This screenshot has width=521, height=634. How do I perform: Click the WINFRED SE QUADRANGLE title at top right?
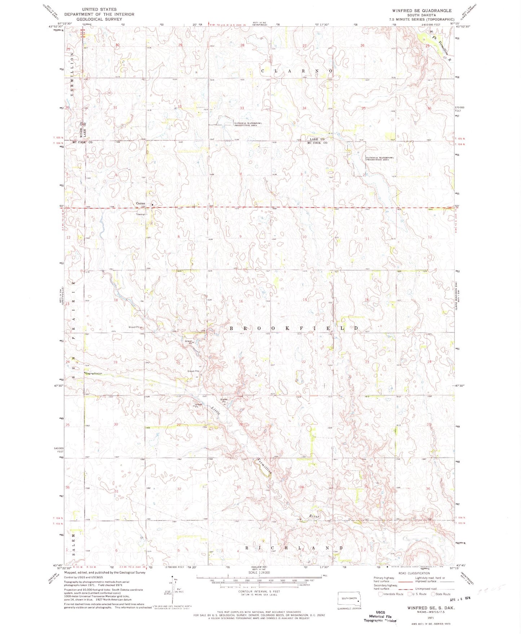click(x=421, y=10)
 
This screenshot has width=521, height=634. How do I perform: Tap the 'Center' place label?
click(x=141, y=204)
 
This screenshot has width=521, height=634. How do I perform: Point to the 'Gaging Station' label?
click(x=94, y=373)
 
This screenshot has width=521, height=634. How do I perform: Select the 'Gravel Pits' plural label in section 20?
click(x=193, y=371)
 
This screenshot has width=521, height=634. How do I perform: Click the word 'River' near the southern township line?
click(x=314, y=516)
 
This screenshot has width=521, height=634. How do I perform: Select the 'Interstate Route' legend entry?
click(x=391, y=594)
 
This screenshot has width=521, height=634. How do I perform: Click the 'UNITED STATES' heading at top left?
click(x=99, y=9)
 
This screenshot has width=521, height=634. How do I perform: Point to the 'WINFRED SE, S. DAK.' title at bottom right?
click(x=431, y=608)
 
